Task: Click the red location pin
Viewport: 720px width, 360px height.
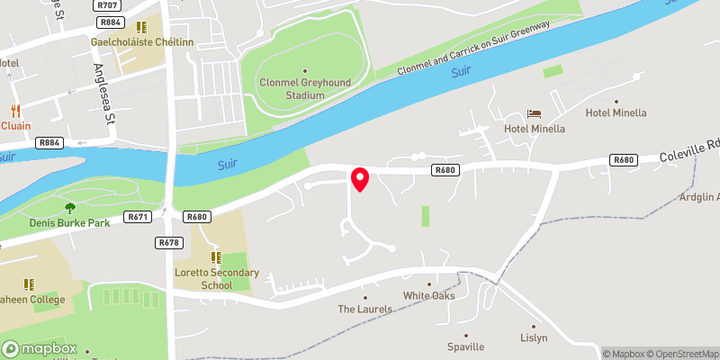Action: pyautogui.click(x=360, y=178)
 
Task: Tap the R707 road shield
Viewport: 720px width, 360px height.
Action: pyautogui.click(x=109, y=5)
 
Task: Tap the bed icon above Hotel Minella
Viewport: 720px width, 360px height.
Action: pyautogui.click(x=535, y=114)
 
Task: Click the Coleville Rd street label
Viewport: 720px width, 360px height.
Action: pyautogui.click(x=688, y=154)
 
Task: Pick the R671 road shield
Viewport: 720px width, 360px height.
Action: pyautogui.click(x=138, y=217)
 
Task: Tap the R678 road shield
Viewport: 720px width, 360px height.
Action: pyautogui.click(x=169, y=242)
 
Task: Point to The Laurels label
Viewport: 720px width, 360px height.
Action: pyautogui.click(x=365, y=309)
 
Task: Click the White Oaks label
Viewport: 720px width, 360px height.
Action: pyautogui.click(x=428, y=295)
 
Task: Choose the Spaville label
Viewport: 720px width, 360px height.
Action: pyautogui.click(x=465, y=346)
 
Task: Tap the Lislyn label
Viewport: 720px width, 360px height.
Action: pyautogui.click(x=534, y=338)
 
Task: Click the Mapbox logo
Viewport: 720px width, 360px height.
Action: pyautogui.click(x=40, y=349)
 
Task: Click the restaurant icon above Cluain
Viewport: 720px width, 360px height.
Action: pyautogui.click(x=15, y=111)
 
